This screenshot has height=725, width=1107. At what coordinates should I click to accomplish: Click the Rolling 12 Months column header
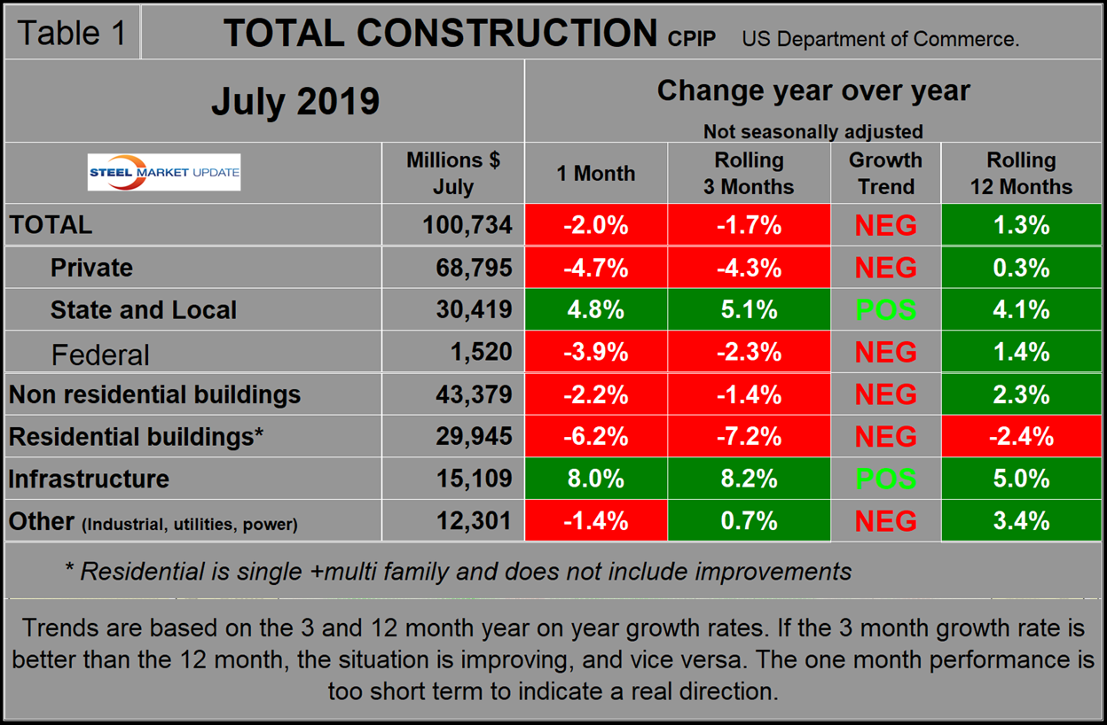point(1021,174)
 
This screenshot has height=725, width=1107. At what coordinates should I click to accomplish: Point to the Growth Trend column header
point(885,174)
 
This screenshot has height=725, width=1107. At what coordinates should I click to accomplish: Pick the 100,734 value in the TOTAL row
point(467,225)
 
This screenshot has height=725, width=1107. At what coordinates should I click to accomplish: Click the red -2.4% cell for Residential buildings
point(1021,436)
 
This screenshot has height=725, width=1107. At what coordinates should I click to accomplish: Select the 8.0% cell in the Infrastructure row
point(596,479)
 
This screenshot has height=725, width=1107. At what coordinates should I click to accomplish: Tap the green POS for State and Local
point(885,310)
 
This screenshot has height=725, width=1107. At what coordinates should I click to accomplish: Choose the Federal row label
point(100,355)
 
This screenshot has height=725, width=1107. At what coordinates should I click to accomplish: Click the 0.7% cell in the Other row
point(750,520)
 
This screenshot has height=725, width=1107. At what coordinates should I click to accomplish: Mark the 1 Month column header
point(596,174)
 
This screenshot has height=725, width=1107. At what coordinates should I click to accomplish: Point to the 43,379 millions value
point(467,394)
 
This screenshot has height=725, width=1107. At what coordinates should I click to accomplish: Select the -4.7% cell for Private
point(596,268)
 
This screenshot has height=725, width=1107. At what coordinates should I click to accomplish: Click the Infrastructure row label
point(89,479)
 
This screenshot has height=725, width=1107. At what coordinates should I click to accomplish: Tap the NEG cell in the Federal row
point(885,353)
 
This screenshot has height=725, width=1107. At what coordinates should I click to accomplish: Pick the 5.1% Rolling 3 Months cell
point(750,310)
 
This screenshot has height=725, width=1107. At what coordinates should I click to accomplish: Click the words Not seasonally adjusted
point(813,131)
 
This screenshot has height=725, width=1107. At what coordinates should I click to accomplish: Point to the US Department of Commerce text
point(880,39)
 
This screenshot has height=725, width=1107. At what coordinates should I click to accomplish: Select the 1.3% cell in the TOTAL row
point(1021,225)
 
